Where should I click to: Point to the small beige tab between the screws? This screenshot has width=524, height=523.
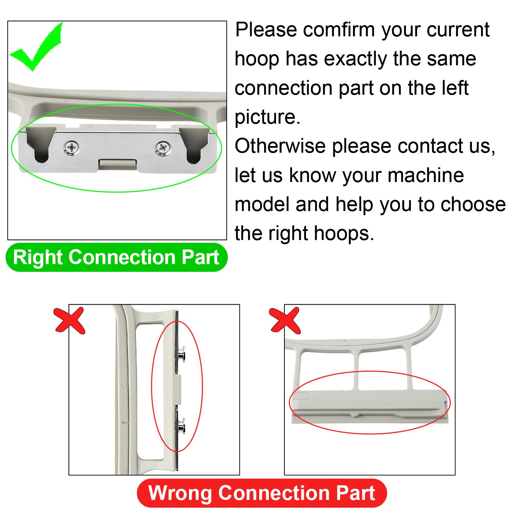(x=117, y=163)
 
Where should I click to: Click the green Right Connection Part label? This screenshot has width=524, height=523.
(x=117, y=257)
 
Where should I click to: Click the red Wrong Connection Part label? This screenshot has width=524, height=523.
(x=262, y=493)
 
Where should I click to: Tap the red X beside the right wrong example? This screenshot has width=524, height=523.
(x=285, y=320)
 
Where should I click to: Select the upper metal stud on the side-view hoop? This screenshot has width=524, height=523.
(x=181, y=355)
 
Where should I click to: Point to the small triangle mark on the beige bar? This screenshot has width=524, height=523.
(x=341, y=392)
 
